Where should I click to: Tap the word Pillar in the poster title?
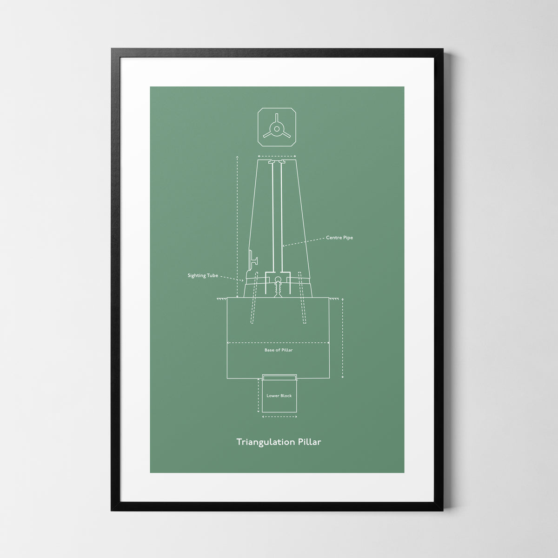pos(309,441)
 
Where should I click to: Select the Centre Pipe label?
pos(339,238)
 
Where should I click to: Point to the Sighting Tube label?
pos(203,276)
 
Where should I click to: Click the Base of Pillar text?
pos(279,350)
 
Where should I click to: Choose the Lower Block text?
pos(279,396)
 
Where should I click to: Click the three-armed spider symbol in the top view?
pos(277,129)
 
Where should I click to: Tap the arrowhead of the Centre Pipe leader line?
pos(283,246)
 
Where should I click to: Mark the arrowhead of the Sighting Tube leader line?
pos(242,281)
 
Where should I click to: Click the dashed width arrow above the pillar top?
pos(277,157)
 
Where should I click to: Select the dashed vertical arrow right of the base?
pos(343,338)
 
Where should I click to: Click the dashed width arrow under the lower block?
pos(279,417)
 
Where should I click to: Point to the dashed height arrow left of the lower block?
pos(258,395)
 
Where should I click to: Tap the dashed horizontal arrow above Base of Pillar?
pos(278,343)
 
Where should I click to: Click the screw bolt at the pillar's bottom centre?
pos(278,288)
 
